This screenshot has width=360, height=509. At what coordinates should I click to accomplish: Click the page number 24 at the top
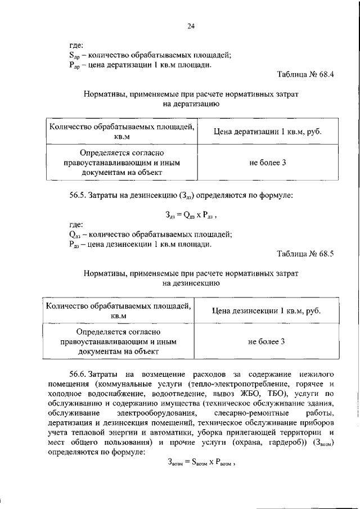(x=191, y=25)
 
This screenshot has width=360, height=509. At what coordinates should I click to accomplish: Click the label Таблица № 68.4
(x=305, y=75)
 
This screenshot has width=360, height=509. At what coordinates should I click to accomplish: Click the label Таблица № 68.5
(x=305, y=254)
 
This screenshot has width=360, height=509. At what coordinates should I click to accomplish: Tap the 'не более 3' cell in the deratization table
(x=268, y=163)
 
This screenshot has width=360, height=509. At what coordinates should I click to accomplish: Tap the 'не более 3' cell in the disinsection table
(x=268, y=341)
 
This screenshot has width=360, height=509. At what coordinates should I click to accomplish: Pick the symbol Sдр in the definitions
(x=74, y=55)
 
